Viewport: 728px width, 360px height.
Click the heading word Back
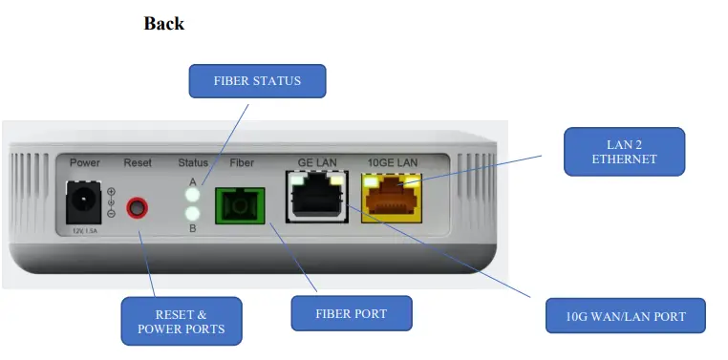click(x=163, y=24)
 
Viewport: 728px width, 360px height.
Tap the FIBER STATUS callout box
click(x=257, y=81)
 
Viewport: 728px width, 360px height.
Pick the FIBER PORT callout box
click(x=351, y=313)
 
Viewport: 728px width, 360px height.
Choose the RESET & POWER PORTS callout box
click(x=182, y=321)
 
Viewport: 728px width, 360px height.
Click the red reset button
click(x=140, y=206)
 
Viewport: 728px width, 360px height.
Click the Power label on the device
click(x=85, y=163)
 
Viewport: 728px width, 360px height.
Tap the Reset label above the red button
click(x=138, y=163)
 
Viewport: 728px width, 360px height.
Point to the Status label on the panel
click(x=193, y=163)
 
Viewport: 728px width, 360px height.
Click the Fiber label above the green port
click(x=243, y=163)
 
